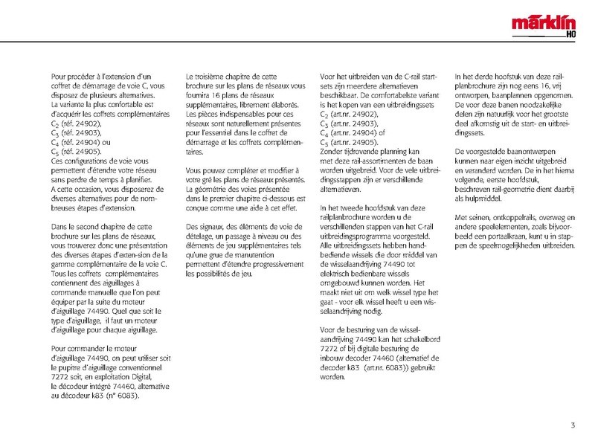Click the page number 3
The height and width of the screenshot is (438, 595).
coord(573,425)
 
